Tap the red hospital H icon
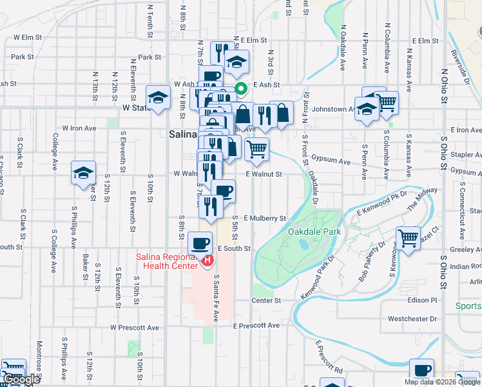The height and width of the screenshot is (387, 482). coord(207,261)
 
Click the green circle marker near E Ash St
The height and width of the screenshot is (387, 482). coord(241,90)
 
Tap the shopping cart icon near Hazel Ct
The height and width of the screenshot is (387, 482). coord(409,237)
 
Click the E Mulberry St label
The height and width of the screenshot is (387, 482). coord(264,219)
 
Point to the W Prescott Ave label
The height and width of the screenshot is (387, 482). coord(134,328)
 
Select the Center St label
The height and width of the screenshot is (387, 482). coord(266,301)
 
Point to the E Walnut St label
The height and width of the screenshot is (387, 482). coord(264,174)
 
